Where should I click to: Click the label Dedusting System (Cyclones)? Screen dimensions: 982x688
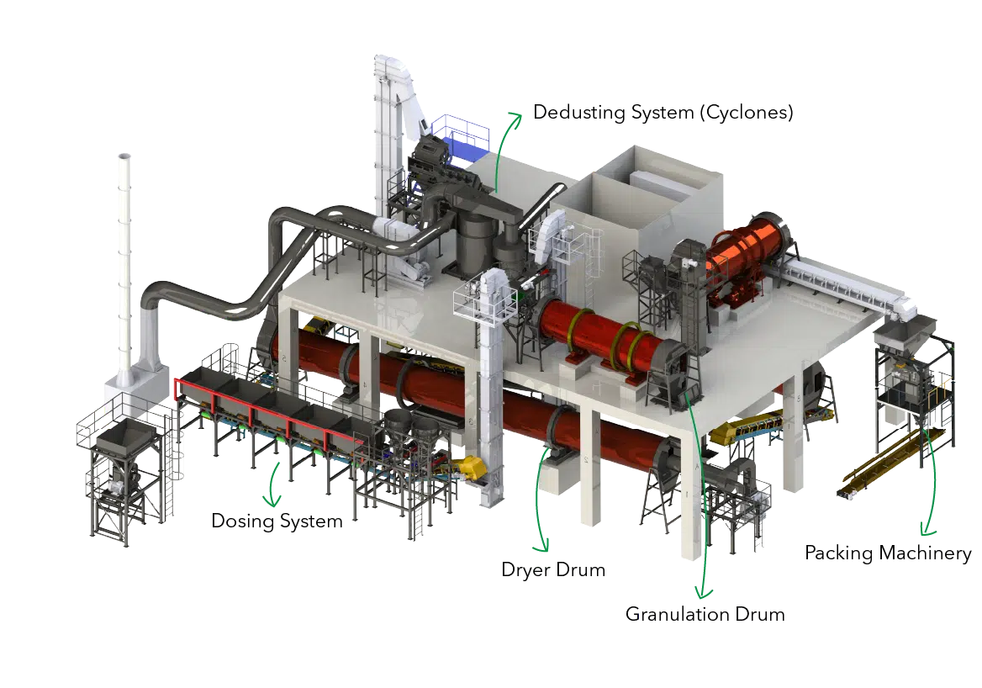click(663, 113)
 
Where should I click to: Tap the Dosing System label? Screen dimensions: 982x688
click(277, 521)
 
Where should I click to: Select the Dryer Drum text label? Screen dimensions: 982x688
click(553, 569)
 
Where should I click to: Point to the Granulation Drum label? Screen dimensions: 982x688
click(705, 614)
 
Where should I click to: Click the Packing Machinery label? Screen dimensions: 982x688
click(888, 553)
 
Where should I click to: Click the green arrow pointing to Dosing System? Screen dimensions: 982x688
click(272, 484)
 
